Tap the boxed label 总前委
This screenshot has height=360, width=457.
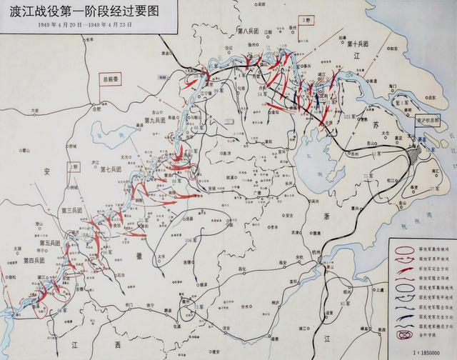[x=111, y=81]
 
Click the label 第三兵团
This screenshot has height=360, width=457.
[x=74, y=210]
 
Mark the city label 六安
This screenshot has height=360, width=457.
[x=35, y=111]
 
